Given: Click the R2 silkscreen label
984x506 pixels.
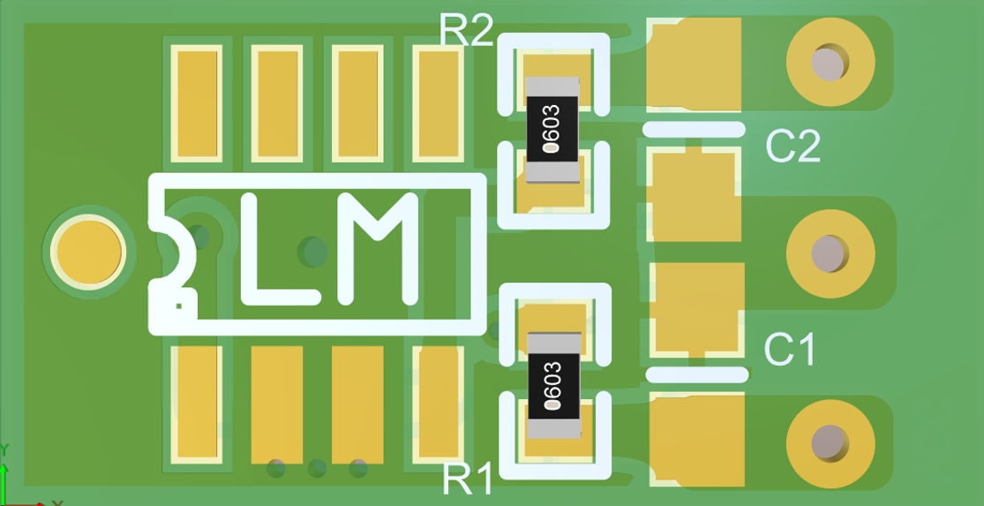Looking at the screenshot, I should click(467, 31).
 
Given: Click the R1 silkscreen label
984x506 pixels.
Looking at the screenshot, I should click(469, 480).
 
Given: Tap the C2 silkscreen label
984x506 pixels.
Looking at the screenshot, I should click(792, 147).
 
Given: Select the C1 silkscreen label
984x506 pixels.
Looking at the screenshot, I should click(790, 350).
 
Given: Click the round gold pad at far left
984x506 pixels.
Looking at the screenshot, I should click(86, 251).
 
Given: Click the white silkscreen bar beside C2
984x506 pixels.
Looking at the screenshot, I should click(694, 129).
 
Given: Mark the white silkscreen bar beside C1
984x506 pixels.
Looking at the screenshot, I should click(697, 374).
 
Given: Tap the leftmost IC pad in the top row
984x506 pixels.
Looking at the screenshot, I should click(198, 102).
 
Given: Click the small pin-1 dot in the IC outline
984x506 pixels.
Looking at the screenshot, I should click(179, 306).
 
